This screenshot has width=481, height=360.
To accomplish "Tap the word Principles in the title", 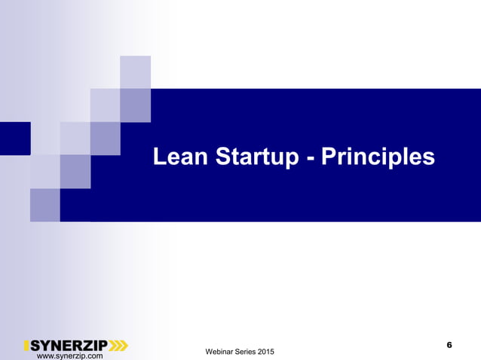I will click(x=378, y=157).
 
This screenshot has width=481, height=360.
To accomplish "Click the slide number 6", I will click(x=449, y=345).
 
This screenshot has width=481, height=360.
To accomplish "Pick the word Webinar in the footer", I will click(x=222, y=352).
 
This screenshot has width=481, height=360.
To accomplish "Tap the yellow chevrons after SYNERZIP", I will click(x=118, y=346).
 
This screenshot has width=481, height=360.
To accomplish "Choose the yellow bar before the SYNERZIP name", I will click(x=26, y=346).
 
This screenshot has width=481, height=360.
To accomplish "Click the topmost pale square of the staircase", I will click(x=135, y=72).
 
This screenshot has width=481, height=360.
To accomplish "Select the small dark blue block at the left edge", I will click(x=14, y=138).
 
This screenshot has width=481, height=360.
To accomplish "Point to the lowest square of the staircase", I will click(x=44, y=204).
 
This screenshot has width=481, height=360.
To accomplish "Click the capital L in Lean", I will click(x=160, y=157).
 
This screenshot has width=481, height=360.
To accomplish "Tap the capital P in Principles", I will click(x=329, y=157).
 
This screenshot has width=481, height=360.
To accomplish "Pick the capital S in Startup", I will click(x=226, y=157).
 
